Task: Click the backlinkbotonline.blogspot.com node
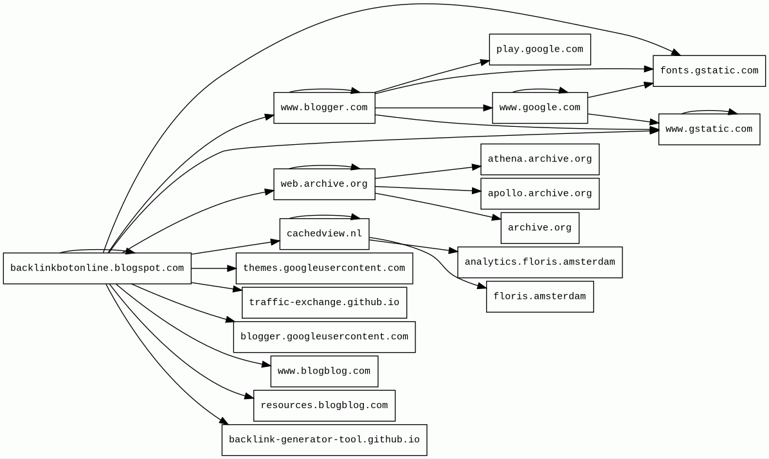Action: pyautogui.click(x=97, y=268)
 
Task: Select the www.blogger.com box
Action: pyautogui.click(x=324, y=108)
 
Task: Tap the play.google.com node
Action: pyautogui.click(x=539, y=50)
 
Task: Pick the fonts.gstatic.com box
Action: pyautogui.click(x=709, y=71)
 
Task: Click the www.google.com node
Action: pyautogui.click(x=539, y=108)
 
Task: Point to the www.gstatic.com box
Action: pyautogui.click(x=709, y=129)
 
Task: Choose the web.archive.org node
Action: pyautogui.click(x=324, y=184)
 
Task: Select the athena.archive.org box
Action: pyautogui.click(x=539, y=159)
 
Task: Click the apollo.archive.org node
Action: pyautogui.click(x=539, y=194)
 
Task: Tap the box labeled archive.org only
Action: pyautogui.click(x=539, y=228)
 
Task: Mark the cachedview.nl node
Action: pyautogui.click(x=324, y=234)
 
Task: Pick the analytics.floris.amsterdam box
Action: pyautogui.click(x=539, y=262)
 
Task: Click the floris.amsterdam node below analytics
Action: pyautogui.click(x=539, y=297)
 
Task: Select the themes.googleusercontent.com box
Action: pyautogui.click(x=324, y=268)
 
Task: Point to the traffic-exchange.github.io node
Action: pyautogui.click(x=324, y=303)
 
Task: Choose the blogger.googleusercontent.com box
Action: pyautogui.click(x=324, y=337)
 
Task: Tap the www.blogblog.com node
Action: pyautogui.click(x=324, y=371)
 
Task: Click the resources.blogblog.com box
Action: pyautogui.click(x=324, y=406)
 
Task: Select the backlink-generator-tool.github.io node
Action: pyautogui.click(x=324, y=440)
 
